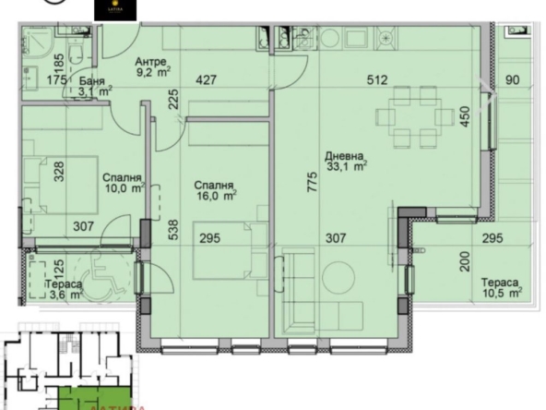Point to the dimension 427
[x=207, y=79]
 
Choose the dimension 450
[x=465, y=118]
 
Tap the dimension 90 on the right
[x=513, y=79]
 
